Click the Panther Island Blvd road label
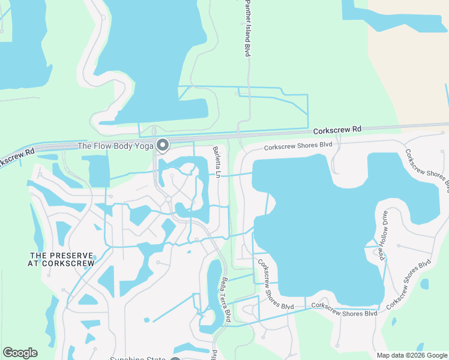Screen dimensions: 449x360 click(247, 29)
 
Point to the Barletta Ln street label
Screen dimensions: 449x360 click(217, 162)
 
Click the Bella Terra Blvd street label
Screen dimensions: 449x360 click(226, 298)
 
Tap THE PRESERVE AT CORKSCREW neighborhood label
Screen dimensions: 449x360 click(62, 259)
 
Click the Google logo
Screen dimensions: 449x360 click(20, 353)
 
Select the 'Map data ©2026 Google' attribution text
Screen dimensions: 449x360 click(411, 355)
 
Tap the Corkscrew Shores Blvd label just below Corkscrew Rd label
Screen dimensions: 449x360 click(298, 146)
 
